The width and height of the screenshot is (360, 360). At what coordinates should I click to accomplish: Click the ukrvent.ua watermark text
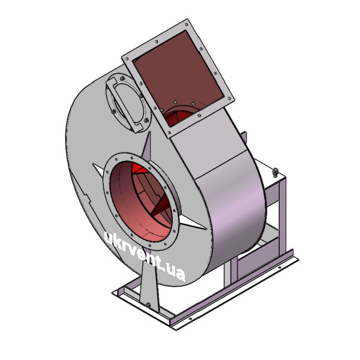[145, 256]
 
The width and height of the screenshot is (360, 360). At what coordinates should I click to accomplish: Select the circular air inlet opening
[141, 202]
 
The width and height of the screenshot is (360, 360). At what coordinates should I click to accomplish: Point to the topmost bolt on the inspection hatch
[122, 78]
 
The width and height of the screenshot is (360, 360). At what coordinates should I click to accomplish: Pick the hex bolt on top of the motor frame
[275, 172]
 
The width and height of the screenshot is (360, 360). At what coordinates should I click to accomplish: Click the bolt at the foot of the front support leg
[148, 305]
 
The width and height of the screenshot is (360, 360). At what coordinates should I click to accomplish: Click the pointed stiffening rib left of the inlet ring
[99, 170]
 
